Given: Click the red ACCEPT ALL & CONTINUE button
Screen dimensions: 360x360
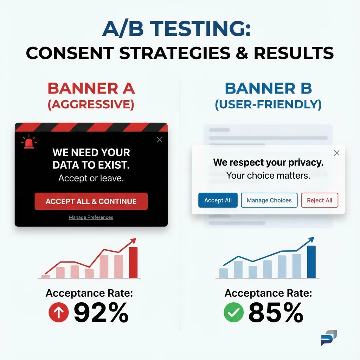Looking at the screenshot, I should tap(91, 201).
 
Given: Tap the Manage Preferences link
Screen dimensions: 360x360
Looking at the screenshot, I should tap(91, 217).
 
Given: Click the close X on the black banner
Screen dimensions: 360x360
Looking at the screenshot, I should tap(160, 140).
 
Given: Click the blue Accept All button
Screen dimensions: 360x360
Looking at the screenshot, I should tap(218, 200).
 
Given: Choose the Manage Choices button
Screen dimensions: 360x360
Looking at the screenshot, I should tap(269, 200).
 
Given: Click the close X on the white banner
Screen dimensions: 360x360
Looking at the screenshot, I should tap(336, 153).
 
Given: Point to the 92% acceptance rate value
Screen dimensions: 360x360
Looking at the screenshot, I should tap(101, 313).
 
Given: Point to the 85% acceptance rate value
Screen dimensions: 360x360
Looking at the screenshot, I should tap(276, 313).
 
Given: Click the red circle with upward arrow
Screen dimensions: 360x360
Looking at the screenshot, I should tap(58, 313).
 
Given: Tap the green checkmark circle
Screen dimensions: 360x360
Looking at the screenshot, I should tap(234, 313).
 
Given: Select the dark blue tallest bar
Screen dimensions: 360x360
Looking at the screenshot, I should tap(311, 262).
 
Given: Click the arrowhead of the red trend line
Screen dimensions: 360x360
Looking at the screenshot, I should tap(133, 240).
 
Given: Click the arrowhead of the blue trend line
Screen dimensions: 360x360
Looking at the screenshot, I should tap(311, 239).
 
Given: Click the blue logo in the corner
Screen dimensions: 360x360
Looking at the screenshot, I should tap(329, 338).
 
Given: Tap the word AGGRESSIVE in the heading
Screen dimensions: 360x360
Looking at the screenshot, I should tap(91, 105).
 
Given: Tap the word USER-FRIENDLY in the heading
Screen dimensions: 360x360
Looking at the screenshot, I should tap(268, 105).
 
